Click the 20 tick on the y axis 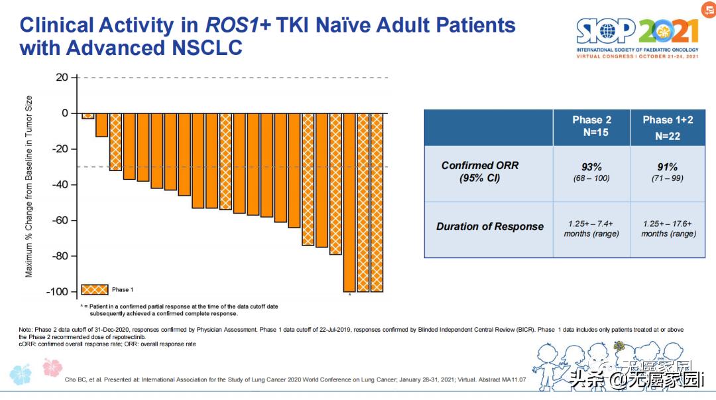62,78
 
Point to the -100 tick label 56,292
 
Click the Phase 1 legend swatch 94,289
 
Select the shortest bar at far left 88,116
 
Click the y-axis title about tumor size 29,186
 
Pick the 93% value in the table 591,167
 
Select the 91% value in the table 667,167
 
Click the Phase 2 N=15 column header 591,125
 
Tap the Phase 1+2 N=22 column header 667,127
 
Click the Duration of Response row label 490,227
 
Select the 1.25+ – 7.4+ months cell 591,228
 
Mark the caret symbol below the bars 349,295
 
